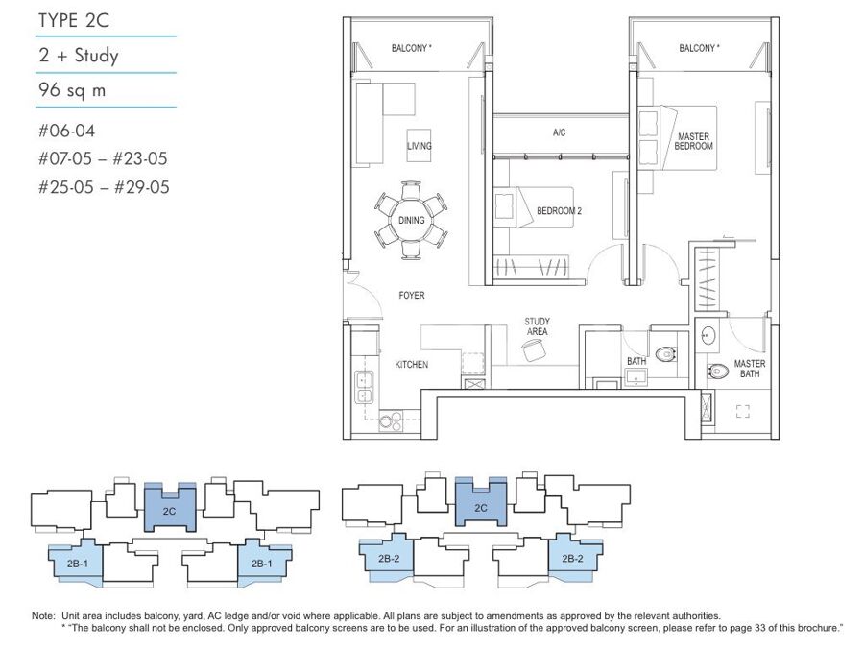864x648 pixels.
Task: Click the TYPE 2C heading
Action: pyautogui.click(x=74, y=20)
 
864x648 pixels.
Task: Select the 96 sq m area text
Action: pyautogui.click(x=72, y=89)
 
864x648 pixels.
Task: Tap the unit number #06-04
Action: pyautogui.click(x=66, y=131)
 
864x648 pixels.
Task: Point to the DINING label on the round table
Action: pyautogui.click(x=411, y=220)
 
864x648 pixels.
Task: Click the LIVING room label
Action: pyautogui.click(x=419, y=146)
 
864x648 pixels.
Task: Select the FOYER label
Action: pyautogui.click(x=412, y=296)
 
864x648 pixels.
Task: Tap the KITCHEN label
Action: pyautogui.click(x=412, y=364)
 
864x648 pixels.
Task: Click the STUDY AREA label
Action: pyautogui.click(x=538, y=326)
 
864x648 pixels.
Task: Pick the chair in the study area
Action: pyautogui.click(x=534, y=349)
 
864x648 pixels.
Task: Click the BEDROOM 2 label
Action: pyautogui.click(x=560, y=211)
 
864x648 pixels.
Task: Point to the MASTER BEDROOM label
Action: pyautogui.click(x=694, y=141)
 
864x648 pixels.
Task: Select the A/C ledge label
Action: pyautogui.click(x=559, y=132)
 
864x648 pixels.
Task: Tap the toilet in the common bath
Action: pyautogui.click(x=666, y=353)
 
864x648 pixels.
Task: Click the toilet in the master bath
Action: pyautogui.click(x=718, y=371)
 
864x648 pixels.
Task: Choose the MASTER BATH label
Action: pyautogui.click(x=750, y=369)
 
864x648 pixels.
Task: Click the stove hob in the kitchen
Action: pyautogui.click(x=391, y=421)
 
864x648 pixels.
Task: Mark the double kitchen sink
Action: pyautogui.click(x=364, y=388)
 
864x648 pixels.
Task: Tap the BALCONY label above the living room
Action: pyautogui.click(x=411, y=49)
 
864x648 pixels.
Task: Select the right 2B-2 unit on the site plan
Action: pyautogui.click(x=574, y=558)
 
